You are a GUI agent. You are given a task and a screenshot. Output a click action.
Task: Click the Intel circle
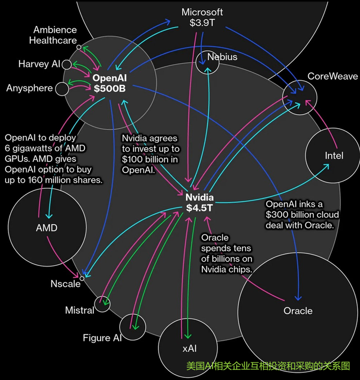(334, 155)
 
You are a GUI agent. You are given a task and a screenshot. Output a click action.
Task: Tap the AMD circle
(46, 228)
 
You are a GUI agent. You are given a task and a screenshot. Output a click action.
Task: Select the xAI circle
(189, 348)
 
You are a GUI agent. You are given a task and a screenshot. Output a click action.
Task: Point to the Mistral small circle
(102, 304)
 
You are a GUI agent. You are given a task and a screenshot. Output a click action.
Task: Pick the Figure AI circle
(133, 328)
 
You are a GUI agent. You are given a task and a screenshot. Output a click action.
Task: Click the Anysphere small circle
(61, 88)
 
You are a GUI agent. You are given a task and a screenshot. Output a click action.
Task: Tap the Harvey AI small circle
(66, 65)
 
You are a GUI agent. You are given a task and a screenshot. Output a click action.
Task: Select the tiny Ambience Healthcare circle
(79, 47)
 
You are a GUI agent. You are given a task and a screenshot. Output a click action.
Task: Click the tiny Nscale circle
(82, 278)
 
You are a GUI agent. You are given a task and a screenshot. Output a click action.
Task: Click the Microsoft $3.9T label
(202, 17)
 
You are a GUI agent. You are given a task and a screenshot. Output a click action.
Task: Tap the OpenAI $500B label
(110, 83)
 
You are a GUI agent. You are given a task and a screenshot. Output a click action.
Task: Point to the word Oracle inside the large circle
(298, 311)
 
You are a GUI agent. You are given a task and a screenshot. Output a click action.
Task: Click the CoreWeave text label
(332, 76)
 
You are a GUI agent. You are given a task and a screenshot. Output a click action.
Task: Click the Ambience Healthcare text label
(55, 35)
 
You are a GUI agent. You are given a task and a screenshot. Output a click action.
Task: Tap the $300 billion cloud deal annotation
(300, 214)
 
